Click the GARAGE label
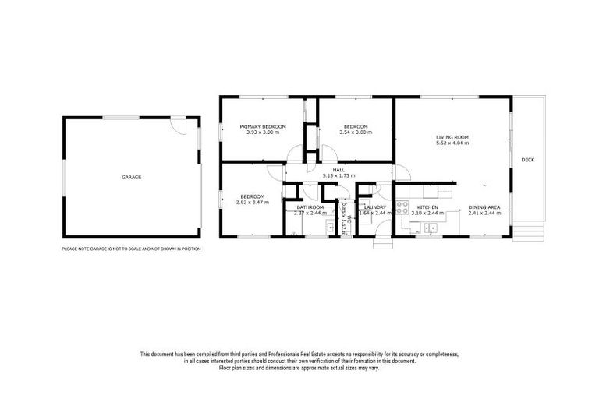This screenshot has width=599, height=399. click(x=131, y=177)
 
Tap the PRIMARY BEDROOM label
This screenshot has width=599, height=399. click(x=262, y=126)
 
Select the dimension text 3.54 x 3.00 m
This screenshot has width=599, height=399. click(x=356, y=132)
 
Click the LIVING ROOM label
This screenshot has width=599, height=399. click(x=452, y=137)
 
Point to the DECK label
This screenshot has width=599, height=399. click(x=528, y=160)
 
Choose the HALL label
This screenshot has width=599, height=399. click(x=338, y=169)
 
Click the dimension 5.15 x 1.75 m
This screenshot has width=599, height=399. click(x=338, y=175)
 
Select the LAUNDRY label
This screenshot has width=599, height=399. click(x=374, y=207)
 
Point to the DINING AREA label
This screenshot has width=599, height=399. click(x=484, y=207)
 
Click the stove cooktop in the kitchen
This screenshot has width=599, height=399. click(x=402, y=207)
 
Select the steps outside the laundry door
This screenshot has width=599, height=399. click(x=382, y=243)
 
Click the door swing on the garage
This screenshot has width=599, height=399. click(x=179, y=125)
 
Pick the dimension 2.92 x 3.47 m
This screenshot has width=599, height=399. click(x=252, y=202)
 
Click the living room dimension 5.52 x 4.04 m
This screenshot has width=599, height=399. click(x=452, y=143)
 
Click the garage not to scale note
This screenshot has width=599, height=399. click(x=131, y=249)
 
